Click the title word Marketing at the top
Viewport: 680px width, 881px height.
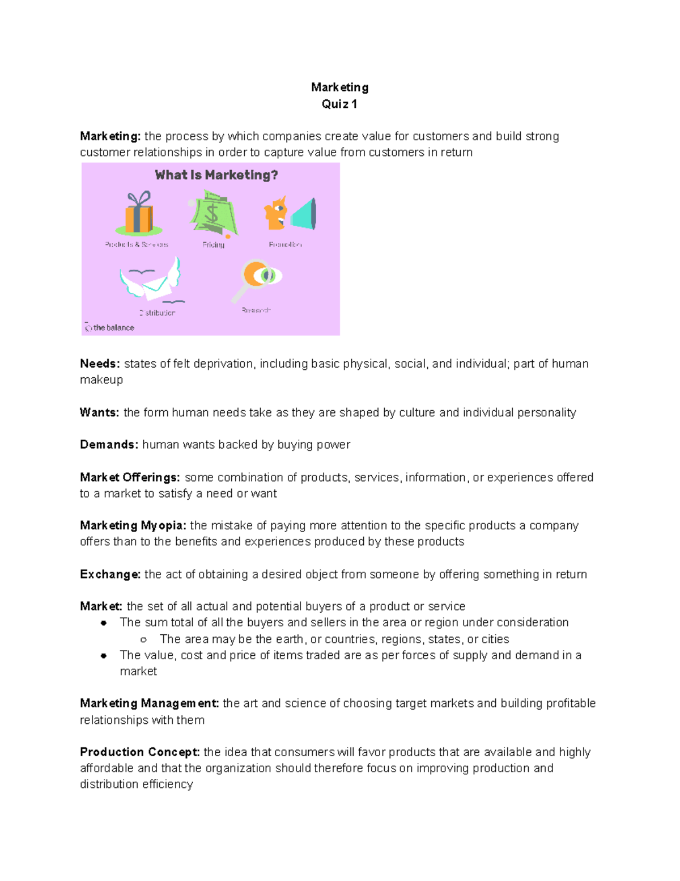click(339, 87)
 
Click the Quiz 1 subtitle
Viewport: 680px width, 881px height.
click(339, 104)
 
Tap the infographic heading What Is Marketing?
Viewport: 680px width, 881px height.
click(216, 175)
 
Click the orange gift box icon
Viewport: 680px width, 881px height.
click(139, 214)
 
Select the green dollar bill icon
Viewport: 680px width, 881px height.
click(212, 213)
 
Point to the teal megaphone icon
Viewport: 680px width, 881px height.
click(304, 214)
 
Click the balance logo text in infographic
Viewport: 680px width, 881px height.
click(113, 328)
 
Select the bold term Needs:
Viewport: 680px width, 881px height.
click(100, 364)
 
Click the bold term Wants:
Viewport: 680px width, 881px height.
click(99, 412)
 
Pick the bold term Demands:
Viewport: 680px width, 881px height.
click(109, 445)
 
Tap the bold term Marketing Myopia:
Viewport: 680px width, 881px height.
click(133, 526)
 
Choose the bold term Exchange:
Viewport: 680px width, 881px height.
click(110, 575)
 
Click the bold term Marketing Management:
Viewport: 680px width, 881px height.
click(149, 703)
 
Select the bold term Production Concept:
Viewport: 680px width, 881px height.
click(139, 752)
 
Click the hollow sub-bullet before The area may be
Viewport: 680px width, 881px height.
click(143, 639)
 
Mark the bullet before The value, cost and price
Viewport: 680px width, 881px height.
click(104, 656)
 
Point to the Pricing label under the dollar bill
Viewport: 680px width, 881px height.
click(214, 245)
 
